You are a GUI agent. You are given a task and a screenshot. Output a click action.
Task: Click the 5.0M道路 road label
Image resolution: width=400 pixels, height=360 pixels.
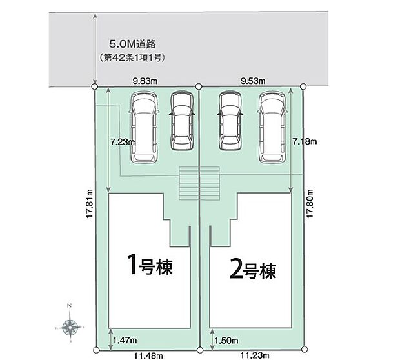pos(133,45)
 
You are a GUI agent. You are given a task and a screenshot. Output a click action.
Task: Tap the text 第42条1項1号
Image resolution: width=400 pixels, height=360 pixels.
pos(134,58)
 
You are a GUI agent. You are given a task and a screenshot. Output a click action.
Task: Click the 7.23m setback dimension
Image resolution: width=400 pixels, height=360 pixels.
pos(121,141)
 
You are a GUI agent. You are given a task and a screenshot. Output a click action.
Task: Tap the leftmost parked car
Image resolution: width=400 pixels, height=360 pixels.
pos(143,126)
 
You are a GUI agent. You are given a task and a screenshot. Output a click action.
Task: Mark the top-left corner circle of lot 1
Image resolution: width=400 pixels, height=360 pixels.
pos(95,86)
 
